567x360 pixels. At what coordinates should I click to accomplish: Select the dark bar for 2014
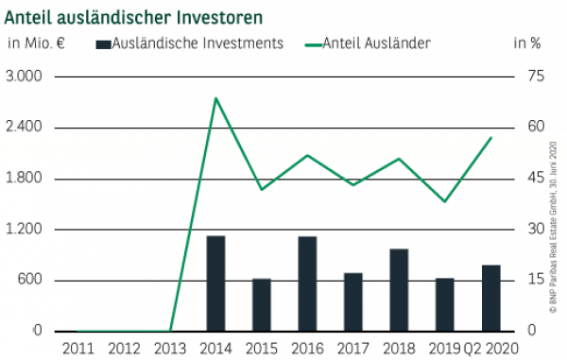[215, 283]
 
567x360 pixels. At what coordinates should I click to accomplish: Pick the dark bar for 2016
[307, 283]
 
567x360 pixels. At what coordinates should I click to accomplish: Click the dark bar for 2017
[353, 301]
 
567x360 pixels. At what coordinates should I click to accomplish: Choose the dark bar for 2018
[399, 289]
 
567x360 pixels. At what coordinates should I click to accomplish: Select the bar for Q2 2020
[491, 298]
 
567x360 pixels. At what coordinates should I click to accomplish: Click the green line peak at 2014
[216, 97]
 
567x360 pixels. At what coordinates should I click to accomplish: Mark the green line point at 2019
[445, 201]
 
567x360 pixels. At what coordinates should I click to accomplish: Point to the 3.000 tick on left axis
[25, 77]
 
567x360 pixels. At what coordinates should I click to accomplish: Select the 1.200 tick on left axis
[25, 230]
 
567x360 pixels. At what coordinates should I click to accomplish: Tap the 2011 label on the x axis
[78, 348]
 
